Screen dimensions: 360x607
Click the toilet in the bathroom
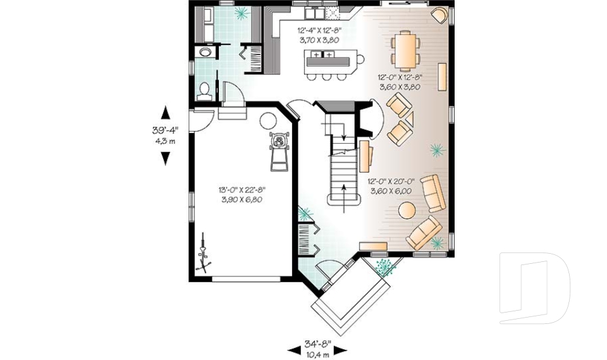(x=204, y=91)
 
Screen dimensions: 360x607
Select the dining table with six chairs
(x=405, y=51)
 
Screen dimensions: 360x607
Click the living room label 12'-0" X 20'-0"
(x=390, y=185)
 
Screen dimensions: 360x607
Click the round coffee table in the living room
(x=407, y=209)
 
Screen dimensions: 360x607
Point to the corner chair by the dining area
(x=438, y=15)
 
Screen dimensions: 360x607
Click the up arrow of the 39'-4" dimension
(x=166, y=113)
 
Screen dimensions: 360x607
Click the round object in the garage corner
(x=268, y=120)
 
